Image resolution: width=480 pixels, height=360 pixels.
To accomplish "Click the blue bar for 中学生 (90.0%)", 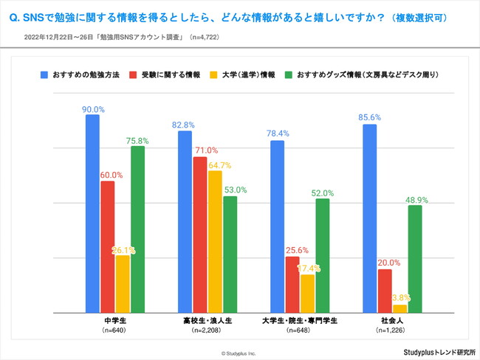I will coord(92,214).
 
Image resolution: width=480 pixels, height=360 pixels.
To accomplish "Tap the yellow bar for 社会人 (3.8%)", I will coord(400,308).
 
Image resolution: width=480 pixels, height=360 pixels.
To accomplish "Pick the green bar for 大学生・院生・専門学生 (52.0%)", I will coord(322,255).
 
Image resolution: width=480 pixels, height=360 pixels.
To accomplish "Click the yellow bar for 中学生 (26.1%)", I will coord(122,283).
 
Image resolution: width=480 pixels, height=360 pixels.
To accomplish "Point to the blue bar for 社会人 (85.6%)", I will coord(370,218).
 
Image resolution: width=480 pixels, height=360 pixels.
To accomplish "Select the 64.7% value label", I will coord(219,165).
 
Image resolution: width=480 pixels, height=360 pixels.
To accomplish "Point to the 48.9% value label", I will coord(416,199).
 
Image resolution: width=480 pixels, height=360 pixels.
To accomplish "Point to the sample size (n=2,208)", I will coord(208,331).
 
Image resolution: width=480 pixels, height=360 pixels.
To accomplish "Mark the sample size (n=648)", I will coord(300,331).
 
